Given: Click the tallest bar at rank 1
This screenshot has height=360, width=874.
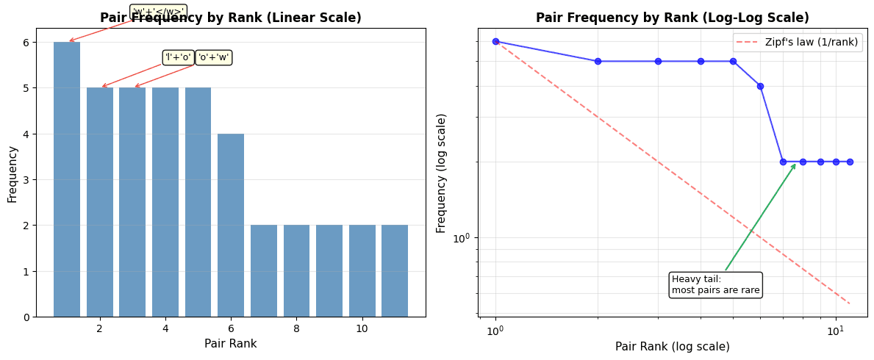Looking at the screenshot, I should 67,179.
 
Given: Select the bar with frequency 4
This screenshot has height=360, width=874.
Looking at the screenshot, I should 231,225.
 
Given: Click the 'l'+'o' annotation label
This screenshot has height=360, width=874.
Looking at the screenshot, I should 178,57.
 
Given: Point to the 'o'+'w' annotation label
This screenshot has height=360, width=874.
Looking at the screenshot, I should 214,57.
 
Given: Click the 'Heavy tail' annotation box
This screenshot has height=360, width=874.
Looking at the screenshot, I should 715,284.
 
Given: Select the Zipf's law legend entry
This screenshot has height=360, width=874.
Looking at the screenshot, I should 798,42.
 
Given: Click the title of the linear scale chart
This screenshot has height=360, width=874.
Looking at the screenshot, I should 230,18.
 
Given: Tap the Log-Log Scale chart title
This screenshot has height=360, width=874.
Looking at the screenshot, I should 672,18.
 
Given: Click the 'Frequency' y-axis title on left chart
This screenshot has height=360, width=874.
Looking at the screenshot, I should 12,174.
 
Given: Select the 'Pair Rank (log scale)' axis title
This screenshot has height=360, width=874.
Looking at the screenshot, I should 672,347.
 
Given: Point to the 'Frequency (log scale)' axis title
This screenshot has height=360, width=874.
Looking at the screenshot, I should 442,173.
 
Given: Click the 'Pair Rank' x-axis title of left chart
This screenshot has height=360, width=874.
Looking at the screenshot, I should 230,344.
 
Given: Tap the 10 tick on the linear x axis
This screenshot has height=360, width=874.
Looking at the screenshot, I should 362,328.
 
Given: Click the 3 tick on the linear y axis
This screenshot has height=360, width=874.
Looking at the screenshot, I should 26,179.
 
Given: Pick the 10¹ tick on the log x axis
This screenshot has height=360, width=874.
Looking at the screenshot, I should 835,331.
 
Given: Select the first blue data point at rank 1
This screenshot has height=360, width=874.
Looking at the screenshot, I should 495,41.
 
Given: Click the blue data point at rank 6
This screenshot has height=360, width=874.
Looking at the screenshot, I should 760,86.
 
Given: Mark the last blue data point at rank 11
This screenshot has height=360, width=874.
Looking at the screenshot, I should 850,162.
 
